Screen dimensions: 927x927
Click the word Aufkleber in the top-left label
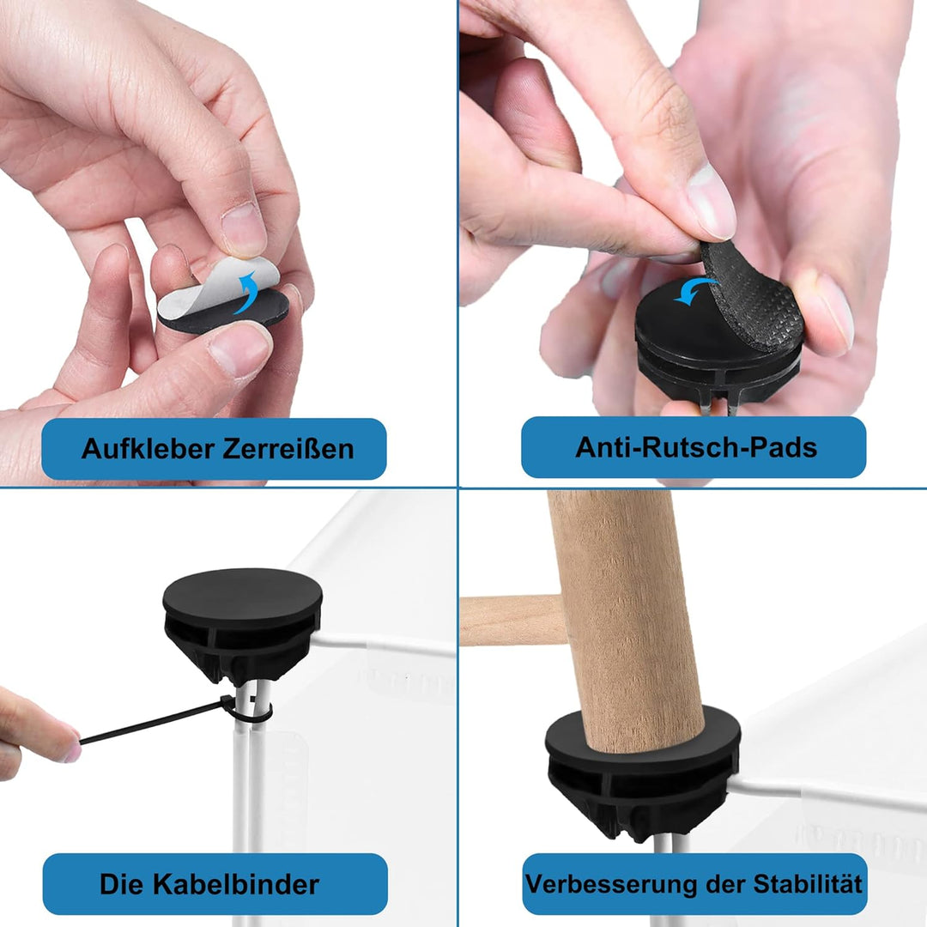(148, 449)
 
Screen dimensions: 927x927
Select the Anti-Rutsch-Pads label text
(696, 447)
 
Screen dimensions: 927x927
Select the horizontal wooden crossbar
(512, 621)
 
